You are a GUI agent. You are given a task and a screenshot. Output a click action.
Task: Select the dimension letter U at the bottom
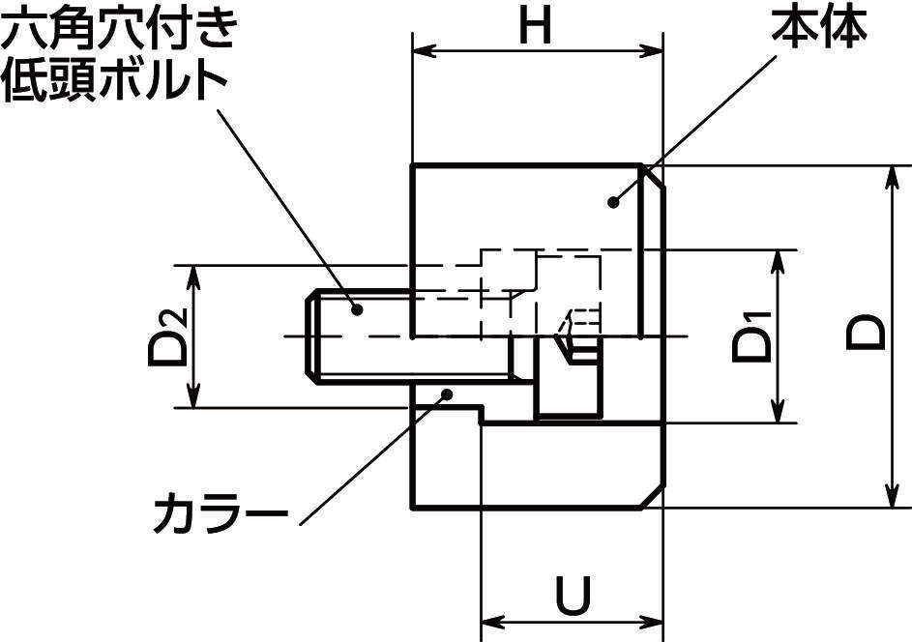coord(573,596)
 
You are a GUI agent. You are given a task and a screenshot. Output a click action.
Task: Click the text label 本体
coord(818,29)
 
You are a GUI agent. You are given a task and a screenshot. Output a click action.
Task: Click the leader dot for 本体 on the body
coord(612,202)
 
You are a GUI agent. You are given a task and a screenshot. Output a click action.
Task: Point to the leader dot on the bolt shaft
coord(357,308)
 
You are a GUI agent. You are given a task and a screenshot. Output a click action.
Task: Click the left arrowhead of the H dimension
coord(420,51)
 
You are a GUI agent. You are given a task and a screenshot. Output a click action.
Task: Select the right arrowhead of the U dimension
coord(656,620)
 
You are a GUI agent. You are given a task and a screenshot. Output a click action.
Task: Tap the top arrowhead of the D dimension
coord(891,173)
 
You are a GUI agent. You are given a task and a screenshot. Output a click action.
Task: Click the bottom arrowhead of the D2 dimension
coord(192,400)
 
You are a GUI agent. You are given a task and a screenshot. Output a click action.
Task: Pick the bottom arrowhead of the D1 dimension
coord(778,415)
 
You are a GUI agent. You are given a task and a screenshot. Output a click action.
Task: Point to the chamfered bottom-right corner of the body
coord(653,496)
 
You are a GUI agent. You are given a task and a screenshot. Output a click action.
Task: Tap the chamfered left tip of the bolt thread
coord(310,336)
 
